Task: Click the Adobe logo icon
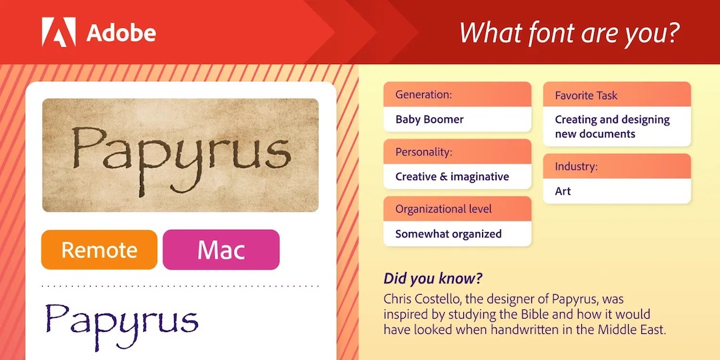(x=59, y=32)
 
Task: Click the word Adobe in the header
(x=121, y=33)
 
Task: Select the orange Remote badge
(x=99, y=250)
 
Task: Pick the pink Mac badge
(x=221, y=250)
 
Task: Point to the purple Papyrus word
(x=122, y=319)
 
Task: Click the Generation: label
(x=423, y=95)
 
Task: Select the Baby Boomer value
(x=429, y=119)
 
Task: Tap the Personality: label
(x=423, y=152)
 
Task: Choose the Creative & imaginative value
(x=452, y=177)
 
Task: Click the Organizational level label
(x=443, y=209)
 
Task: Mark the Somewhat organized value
(x=448, y=234)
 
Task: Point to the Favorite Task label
(x=586, y=95)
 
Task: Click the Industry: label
(x=576, y=166)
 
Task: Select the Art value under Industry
(x=563, y=191)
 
